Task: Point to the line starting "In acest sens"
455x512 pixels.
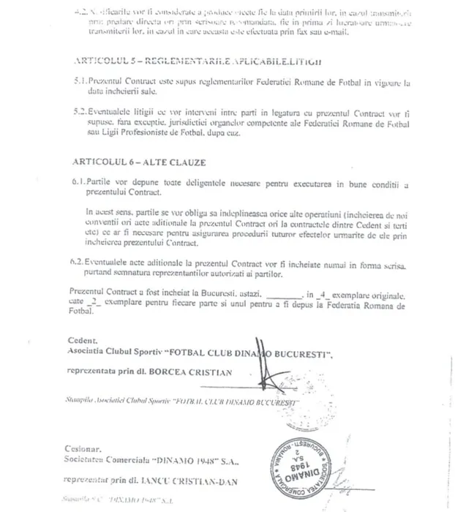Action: coord(241,209)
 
